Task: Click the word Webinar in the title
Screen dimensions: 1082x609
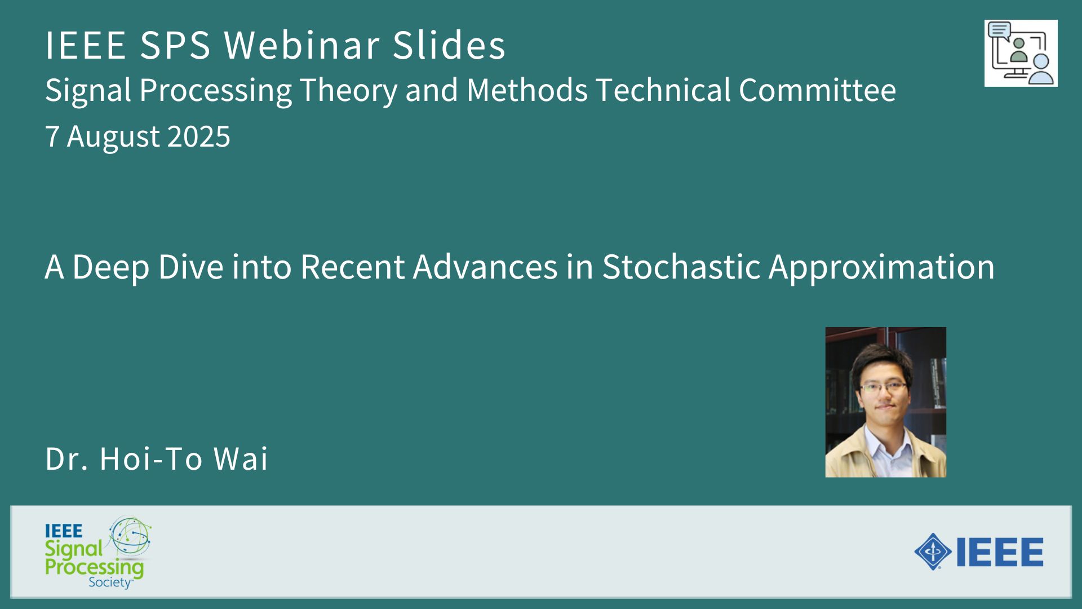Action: tap(301, 45)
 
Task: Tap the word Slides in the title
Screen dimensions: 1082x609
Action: tap(449, 45)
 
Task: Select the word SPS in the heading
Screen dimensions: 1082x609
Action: tap(175, 45)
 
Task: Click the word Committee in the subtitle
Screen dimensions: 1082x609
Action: tap(817, 90)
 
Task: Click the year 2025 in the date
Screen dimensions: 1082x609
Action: tap(199, 136)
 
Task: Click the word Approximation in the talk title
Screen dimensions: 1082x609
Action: tap(881, 267)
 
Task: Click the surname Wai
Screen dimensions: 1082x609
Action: tap(241, 458)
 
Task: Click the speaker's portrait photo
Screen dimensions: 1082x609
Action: tap(885, 402)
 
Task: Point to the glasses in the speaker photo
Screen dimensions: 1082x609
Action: tap(883, 387)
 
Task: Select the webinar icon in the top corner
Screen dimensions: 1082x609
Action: tap(1021, 53)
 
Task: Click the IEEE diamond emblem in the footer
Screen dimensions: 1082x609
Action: tap(933, 551)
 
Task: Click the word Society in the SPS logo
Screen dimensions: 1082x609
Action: tap(110, 582)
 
